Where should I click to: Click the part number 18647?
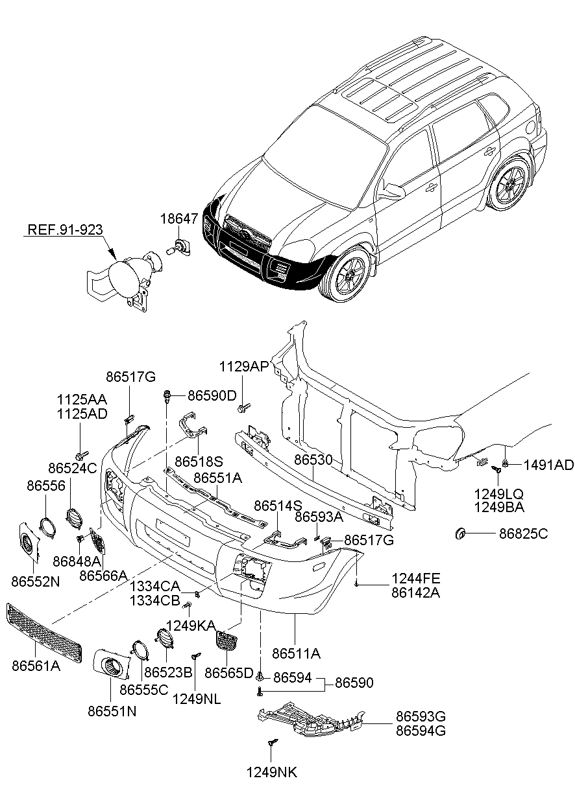point(179,218)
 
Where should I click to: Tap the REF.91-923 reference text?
point(66,229)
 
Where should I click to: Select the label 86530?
point(313,460)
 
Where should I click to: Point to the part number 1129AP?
point(244,366)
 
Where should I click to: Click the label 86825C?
point(524,534)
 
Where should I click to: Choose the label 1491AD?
point(548,465)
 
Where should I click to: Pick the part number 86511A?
point(297,653)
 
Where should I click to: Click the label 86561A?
point(36,666)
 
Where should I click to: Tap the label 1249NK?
point(272,772)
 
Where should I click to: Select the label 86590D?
point(212,395)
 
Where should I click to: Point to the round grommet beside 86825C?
point(459,534)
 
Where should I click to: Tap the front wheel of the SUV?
point(347,274)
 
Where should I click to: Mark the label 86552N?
point(36,581)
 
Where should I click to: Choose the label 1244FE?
point(416,578)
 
